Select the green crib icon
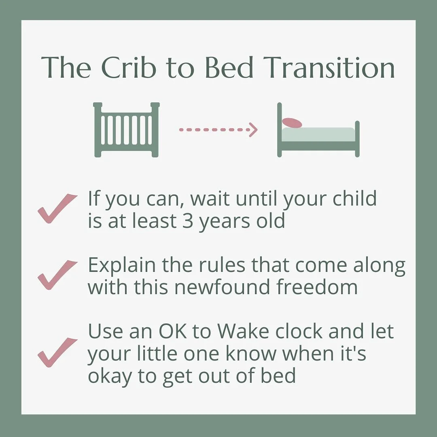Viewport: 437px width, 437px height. tap(126, 129)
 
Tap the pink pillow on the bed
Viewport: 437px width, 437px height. tap(292, 122)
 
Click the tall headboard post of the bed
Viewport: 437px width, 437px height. tap(279, 129)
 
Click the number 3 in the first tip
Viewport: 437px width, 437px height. tap(187, 221)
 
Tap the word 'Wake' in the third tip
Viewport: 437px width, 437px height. tap(244, 332)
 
